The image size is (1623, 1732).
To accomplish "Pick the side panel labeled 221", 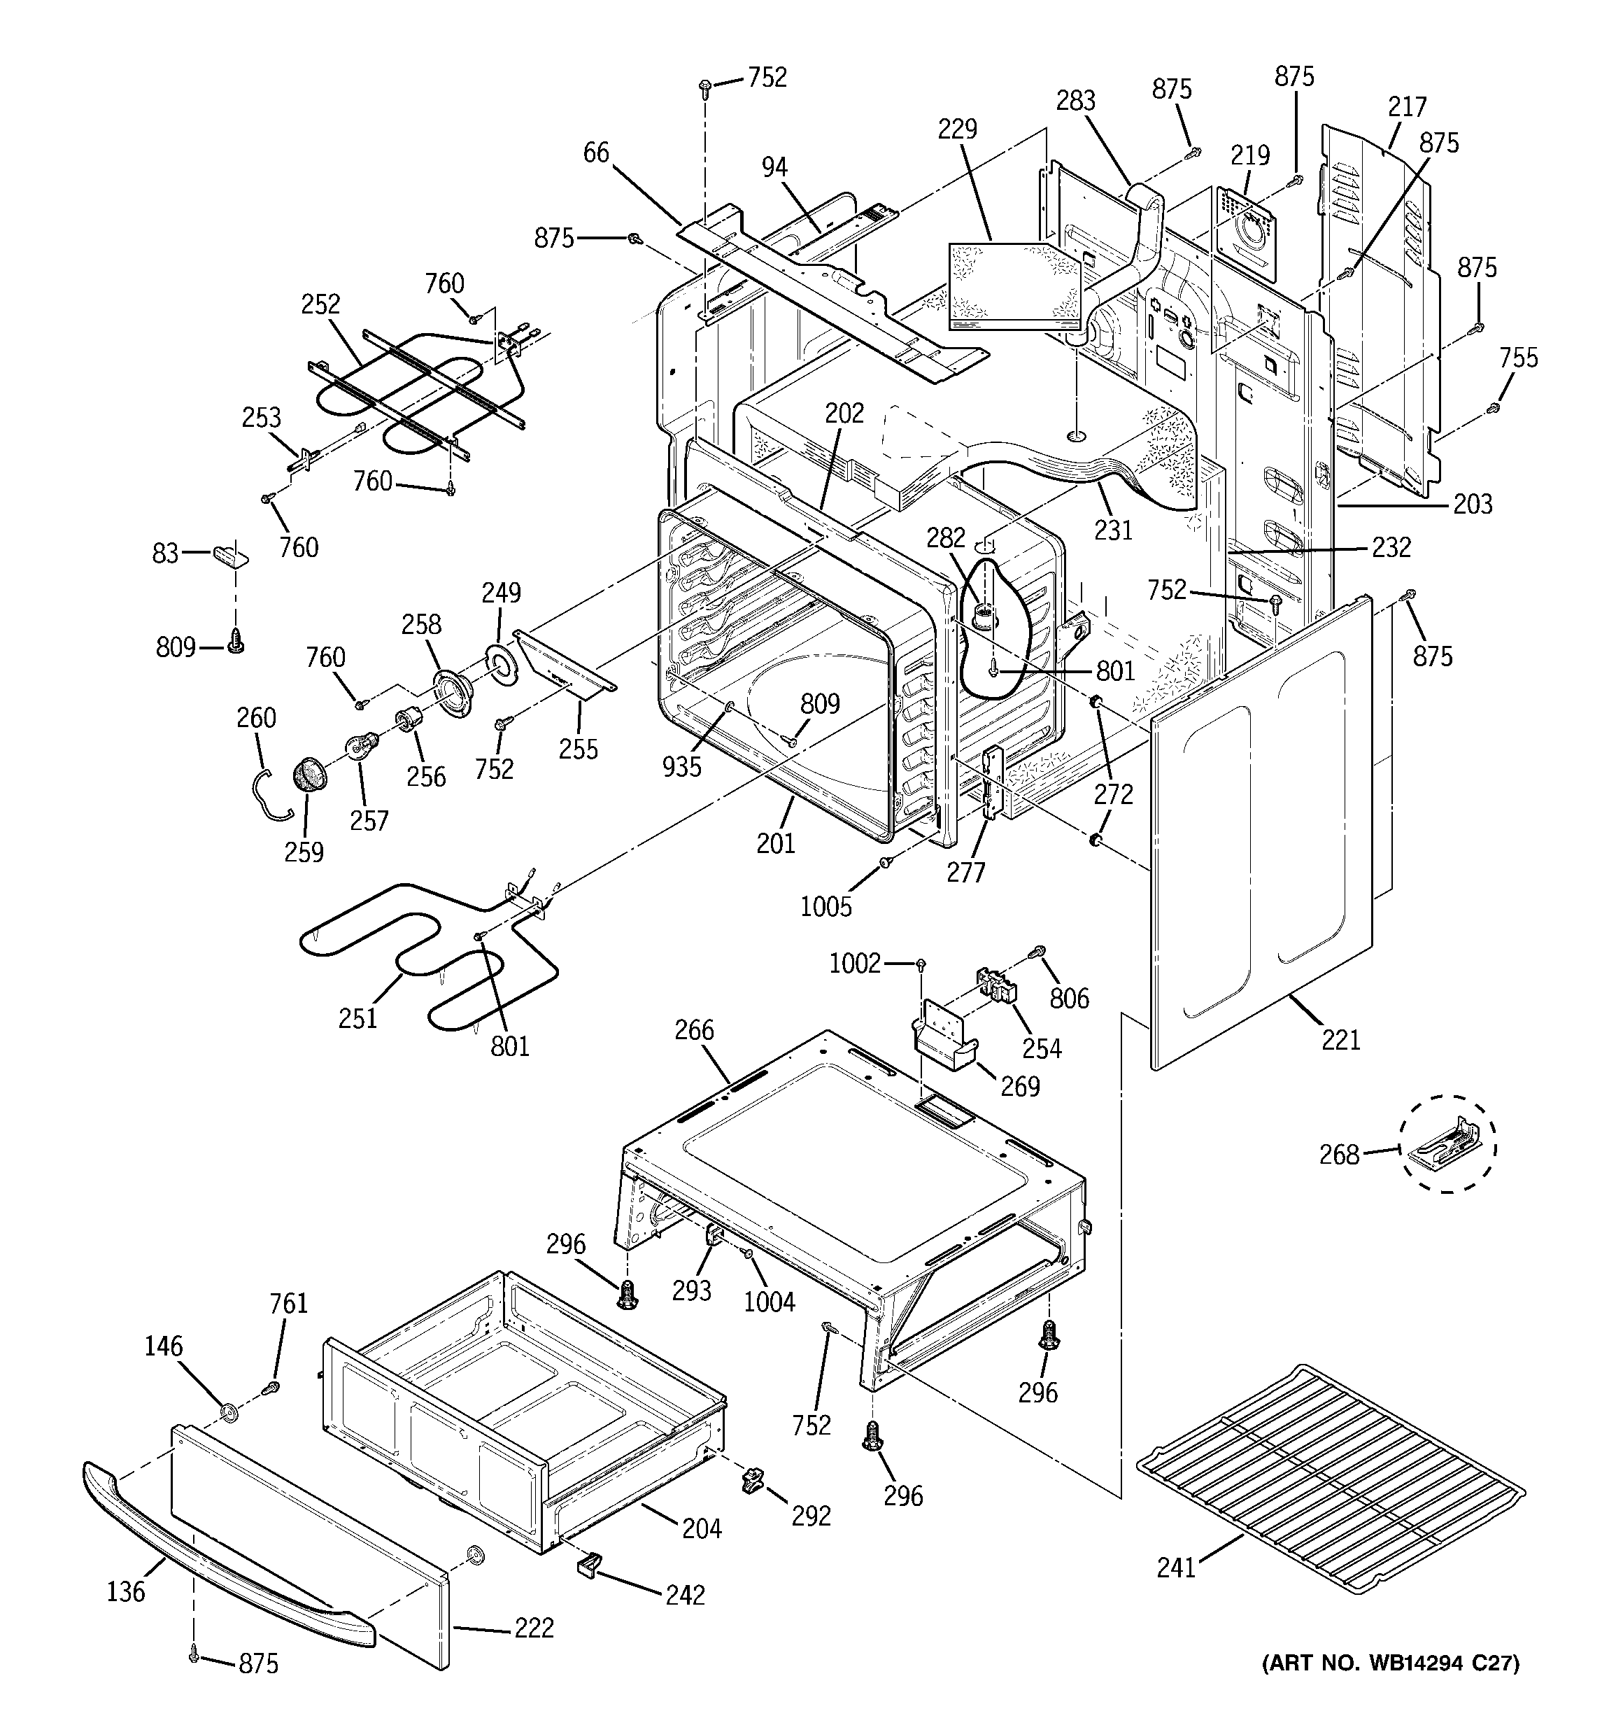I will pyautogui.click(x=1263, y=836).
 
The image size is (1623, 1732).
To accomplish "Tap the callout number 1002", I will pyautogui.click(x=855, y=963).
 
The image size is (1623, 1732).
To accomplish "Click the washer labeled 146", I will pyautogui.click(x=228, y=1409).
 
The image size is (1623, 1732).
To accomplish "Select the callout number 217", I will pyautogui.click(x=1408, y=106).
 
